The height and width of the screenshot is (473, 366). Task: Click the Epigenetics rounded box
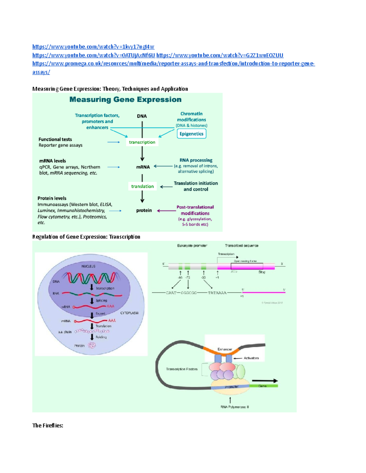191,134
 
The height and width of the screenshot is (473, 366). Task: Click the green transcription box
142,142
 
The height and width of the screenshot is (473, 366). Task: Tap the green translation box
142,186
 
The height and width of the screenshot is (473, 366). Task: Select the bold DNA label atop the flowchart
142,116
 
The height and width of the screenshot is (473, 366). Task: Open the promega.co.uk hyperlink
173,64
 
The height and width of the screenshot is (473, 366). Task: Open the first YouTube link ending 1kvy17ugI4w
93,47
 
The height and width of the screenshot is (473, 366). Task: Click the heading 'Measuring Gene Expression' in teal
125,100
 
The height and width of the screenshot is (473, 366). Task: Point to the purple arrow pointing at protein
166,210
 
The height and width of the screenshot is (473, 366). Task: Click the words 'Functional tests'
55,139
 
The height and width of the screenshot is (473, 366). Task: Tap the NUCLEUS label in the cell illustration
88,266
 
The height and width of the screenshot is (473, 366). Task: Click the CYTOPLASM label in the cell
129,313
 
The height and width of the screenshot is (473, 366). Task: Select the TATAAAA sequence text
217,293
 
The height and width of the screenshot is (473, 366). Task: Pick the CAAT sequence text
171,293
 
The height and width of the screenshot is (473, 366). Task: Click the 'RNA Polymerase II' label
235,407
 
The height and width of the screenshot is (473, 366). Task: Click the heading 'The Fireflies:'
48,425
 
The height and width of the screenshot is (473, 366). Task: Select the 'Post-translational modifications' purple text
195,210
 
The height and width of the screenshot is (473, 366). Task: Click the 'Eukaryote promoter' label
192,245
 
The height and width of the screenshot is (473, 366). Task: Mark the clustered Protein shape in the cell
92,345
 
